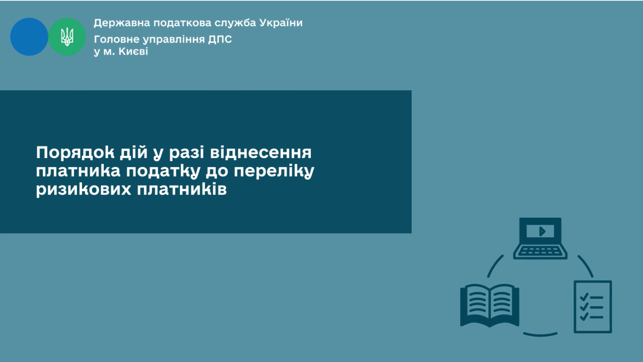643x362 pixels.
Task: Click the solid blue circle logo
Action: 29,37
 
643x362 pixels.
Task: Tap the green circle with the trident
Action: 67,37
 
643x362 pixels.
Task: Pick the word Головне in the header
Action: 116,39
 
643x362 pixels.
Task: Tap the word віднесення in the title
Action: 261,152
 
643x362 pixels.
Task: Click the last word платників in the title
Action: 182,189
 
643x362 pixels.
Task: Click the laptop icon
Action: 540,238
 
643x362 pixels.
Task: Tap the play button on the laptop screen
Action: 542,231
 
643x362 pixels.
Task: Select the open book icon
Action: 490,305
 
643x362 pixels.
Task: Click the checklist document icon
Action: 593,307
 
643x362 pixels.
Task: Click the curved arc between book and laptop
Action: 494,265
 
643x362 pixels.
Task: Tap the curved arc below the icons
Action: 540,334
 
